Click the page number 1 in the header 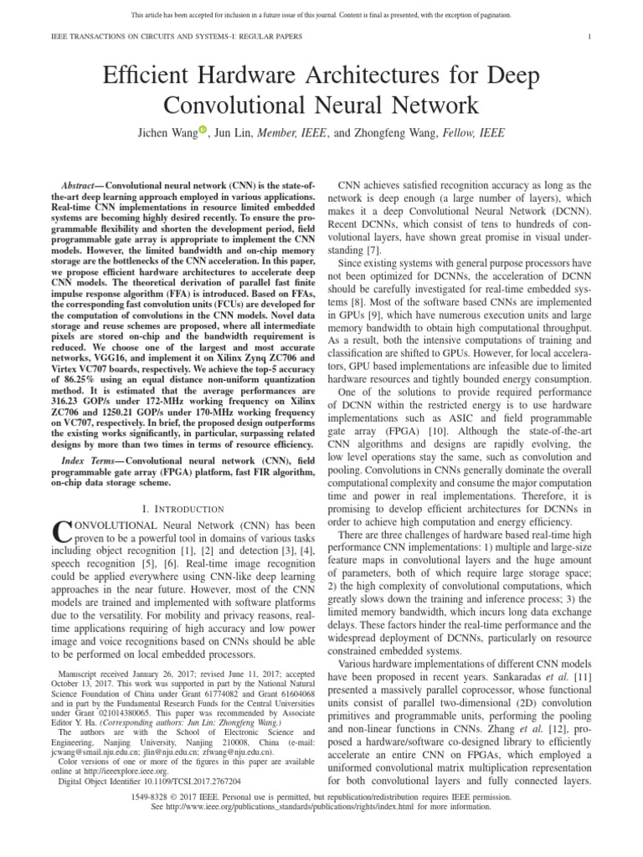(590, 37)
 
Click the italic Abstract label (85, 184)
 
